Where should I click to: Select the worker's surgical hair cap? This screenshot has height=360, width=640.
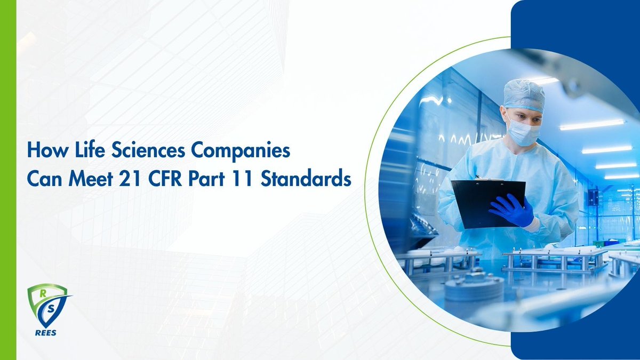(523, 94)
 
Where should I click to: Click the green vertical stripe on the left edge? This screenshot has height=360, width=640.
(8, 180)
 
